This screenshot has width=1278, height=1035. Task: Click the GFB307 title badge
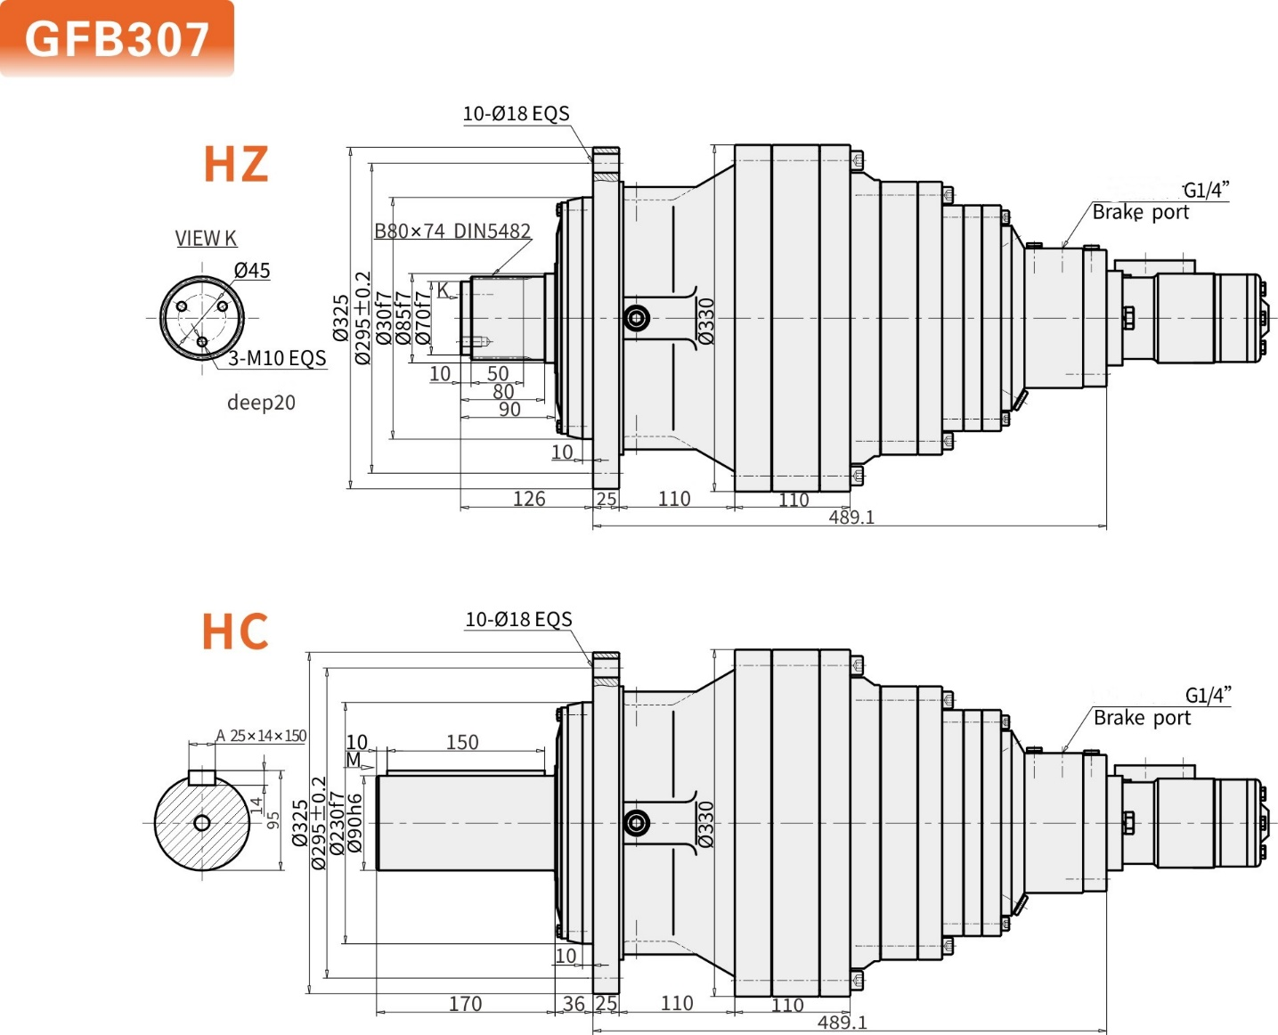pos(117,39)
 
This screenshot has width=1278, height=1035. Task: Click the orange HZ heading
pos(235,164)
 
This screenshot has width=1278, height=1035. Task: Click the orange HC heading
pos(235,632)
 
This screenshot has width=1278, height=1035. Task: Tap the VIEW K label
pos(206,238)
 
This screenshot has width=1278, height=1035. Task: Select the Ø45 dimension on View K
pos(251,270)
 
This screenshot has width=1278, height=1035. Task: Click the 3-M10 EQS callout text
pos(277,358)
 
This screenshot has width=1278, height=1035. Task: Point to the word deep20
pos(261,402)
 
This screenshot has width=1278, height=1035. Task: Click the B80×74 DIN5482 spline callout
pos(452,231)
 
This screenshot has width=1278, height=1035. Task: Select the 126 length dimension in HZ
pos(529,499)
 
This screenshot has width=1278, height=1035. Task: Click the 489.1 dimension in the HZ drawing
pos(851,517)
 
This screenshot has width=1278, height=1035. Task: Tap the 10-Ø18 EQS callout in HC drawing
pos(518,619)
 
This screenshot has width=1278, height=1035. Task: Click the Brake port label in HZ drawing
pos(1140,212)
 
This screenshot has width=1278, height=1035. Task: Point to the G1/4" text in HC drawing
pos(1208,695)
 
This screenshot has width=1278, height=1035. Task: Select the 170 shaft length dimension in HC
pos(465,1004)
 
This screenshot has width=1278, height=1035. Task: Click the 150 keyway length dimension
pos(462,742)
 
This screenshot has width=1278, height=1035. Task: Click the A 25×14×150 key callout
pos(261,736)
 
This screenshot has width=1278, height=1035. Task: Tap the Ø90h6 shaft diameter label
pos(355,823)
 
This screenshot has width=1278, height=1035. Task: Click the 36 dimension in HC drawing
pos(574,1004)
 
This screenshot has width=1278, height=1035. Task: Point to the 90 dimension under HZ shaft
pos(509,409)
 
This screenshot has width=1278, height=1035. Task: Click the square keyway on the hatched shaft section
pos(202,777)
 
